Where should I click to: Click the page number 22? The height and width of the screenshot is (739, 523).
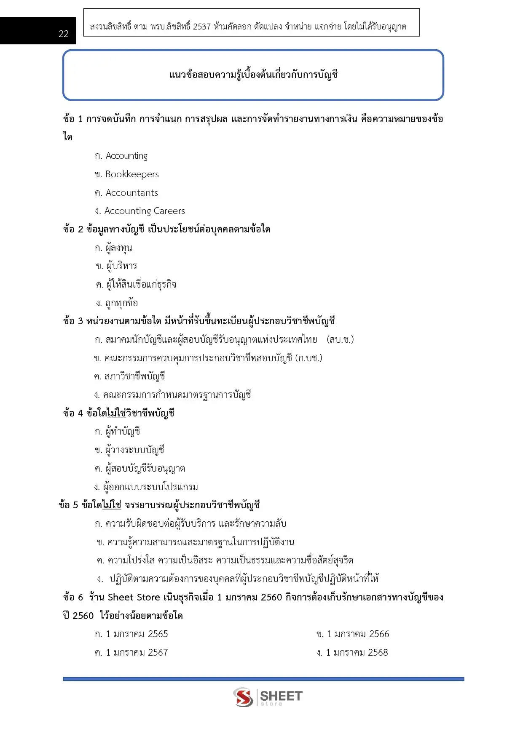coord(64,34)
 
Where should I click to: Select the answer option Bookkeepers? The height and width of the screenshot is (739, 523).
coord(131,174)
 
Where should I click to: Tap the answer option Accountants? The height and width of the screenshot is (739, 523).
coord(131,193)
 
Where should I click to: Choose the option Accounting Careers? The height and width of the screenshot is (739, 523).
coord(144,211)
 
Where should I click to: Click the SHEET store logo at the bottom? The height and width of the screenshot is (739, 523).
coord(268,697)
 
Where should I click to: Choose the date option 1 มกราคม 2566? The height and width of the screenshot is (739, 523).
coord(358,634)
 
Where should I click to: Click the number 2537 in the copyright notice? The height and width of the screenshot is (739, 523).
coord(202,27)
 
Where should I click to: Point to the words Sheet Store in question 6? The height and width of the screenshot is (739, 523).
coord(134,598)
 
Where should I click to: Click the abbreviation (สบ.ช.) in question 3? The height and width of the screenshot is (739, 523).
coord(340,340)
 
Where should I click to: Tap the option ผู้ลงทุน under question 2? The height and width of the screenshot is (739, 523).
coord(118,248)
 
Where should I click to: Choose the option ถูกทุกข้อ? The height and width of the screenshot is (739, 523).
coord(121,303)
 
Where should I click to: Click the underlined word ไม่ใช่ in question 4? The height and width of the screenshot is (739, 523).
coord(117,413)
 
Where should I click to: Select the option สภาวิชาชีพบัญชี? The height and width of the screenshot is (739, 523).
coord(134,376)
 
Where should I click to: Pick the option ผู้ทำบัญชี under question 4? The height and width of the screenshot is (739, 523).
coord(122,432)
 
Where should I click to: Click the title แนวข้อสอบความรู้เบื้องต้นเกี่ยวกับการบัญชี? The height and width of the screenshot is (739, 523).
coord(253,75)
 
